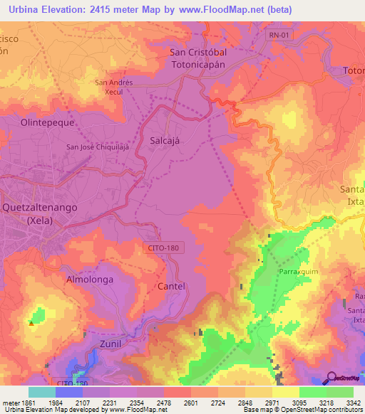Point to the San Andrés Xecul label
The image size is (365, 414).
114,87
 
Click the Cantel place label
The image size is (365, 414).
170,286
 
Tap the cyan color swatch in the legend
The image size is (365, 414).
42,392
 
